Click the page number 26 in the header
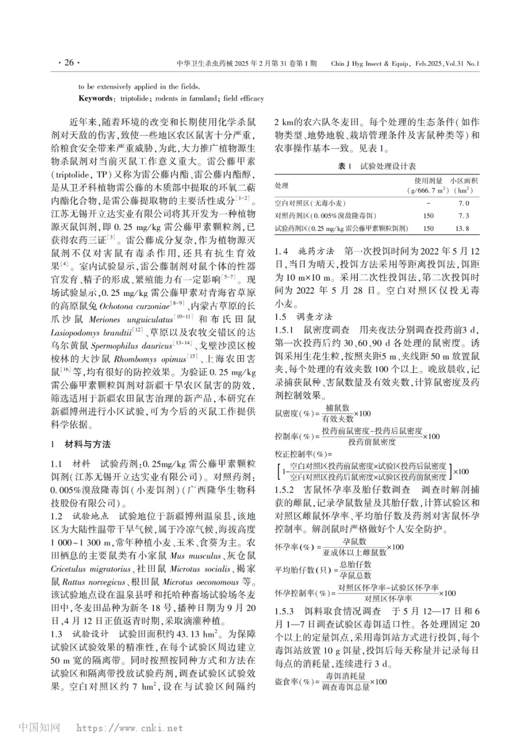[69, 63]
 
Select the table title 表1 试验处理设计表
[376, 166]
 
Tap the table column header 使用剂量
[428, 181]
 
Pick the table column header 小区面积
[464, 181]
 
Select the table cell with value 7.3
[463, 216]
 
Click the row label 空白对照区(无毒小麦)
[310, 203]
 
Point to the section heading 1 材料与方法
[81, 444]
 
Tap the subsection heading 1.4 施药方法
[304, 251]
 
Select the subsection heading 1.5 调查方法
[303, 316]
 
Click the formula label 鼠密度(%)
[293, 413]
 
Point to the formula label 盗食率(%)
[293, 682]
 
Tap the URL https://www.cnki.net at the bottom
[130, 728]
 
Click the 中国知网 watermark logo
[39, 727]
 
